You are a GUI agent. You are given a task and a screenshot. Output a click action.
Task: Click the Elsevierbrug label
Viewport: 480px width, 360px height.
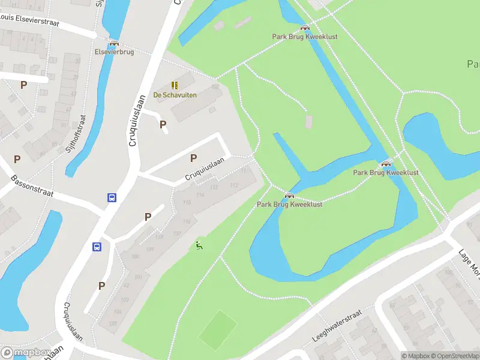click(x=113, y=52)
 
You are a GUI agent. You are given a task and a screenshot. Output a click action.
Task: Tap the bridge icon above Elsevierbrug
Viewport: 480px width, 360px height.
click(x=113, y=43)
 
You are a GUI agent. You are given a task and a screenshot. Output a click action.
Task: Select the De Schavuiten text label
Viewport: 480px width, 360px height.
click(x=175, y=95)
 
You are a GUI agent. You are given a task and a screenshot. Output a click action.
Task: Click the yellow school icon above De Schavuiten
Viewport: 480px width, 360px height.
click(x=175, y=85)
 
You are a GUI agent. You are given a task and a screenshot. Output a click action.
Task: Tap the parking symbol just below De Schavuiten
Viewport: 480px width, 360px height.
click(x=163, y=124)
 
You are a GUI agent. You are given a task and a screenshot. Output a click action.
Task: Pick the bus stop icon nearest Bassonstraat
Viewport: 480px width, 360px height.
click(x=112, y=197)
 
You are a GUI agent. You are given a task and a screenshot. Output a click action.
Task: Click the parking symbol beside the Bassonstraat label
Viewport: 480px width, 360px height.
click(x=17, y=160)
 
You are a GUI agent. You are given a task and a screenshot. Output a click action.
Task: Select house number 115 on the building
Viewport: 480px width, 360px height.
click(x=187, y=202)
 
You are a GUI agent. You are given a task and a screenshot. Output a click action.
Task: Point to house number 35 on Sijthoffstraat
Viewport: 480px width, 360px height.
click(x=77, y=62)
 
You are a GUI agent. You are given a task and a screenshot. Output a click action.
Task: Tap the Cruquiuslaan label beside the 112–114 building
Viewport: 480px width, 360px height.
click(x=205, y=169)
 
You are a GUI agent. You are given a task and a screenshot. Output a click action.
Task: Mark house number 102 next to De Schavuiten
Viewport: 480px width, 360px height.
click(x=215, y=86)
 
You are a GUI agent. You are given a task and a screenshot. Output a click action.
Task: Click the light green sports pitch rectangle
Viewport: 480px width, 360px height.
click(x=218, y=329)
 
